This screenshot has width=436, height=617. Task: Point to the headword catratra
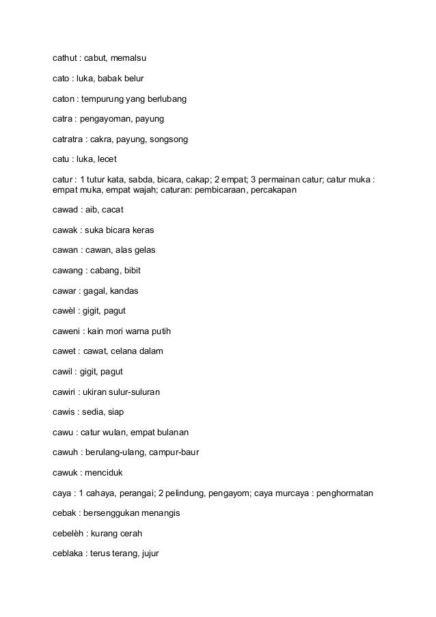point(69,139)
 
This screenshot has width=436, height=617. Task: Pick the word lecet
point(107,159)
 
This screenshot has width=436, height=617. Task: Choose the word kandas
point(124,290)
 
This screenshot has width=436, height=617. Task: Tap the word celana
point(126,351)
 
